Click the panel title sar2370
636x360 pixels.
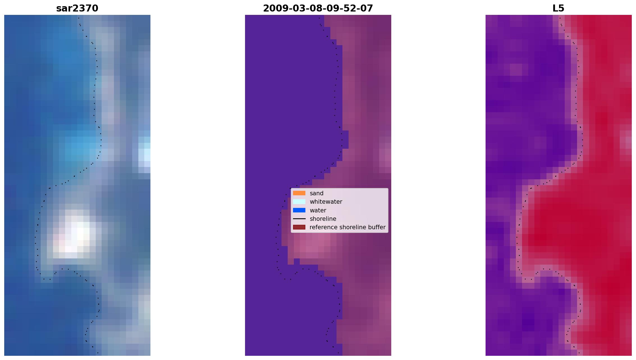tap(77, 8)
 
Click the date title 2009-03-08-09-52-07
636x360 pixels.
tap(318, 8)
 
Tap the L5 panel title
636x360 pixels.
tap(558, 8)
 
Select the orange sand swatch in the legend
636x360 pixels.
tap(299, 193)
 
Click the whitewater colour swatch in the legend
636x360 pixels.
tap(299, 201)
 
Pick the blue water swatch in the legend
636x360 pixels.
tap(299, 210)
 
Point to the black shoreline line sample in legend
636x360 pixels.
tap(299, 219)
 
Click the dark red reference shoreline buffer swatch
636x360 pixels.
tap(299, 227)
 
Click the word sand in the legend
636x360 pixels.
tap(317, 193)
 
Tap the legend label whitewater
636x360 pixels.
tap(326, 202)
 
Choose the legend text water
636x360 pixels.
tap(318, 210)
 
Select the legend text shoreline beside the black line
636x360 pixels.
tap(323, 219)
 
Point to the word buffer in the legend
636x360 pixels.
tap(377, 227)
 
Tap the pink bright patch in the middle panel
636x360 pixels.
tap(312, 243)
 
